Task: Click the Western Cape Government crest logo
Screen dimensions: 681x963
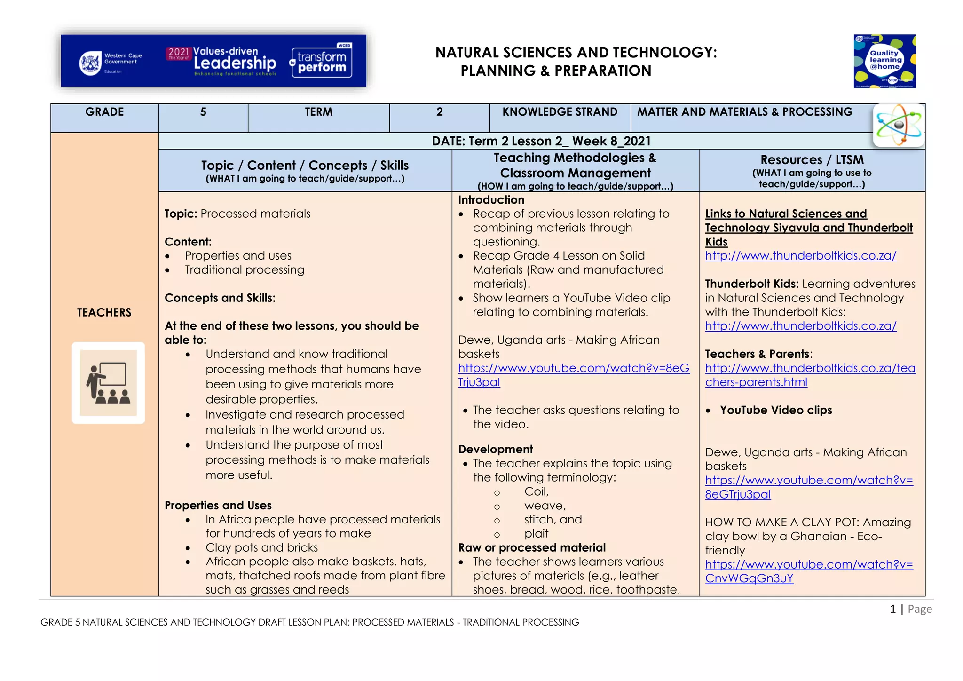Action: (90, 63)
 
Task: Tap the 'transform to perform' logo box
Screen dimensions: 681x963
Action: (322, 62)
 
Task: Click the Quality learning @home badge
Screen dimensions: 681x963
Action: (884, 61)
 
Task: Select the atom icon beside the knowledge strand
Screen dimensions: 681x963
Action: (899, 126)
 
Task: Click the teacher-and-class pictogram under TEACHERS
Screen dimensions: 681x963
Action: (108, 383)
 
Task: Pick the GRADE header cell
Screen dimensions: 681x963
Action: (104, 112)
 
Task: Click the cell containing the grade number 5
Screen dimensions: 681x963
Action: (203, 112)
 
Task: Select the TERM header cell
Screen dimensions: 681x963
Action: (318, 112)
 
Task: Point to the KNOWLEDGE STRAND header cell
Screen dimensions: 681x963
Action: (560, 112)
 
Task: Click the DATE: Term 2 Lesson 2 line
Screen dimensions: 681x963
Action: (541, 141)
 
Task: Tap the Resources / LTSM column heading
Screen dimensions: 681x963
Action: (812, 160)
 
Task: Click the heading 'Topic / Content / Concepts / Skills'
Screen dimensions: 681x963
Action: (305, 166)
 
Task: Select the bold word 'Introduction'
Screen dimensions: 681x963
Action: (491, 200)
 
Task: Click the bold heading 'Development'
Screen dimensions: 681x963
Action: (495, 449)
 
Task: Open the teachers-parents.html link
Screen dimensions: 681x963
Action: (810, 375)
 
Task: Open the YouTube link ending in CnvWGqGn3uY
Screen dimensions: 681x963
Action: (809, 571)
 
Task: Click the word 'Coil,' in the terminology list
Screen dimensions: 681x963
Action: (537, 491)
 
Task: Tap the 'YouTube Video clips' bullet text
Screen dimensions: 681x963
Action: (775, 410)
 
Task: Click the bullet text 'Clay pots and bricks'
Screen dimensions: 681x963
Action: (261, 547)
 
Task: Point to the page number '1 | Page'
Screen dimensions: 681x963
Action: (910, 609)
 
